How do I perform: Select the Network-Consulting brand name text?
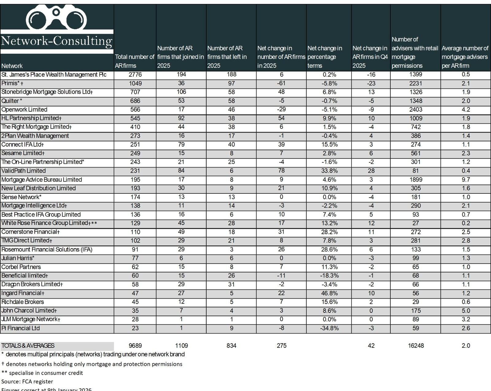pyautogui.click(x=56, y=41)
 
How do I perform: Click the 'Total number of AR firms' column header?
pyautogui.click(x=134, y=61)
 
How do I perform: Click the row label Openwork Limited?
pyautogui.click(x=24, y=109)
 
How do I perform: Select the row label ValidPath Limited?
pyautogui.click(x=23, y=171)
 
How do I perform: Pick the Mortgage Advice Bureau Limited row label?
pyautogui.click(x=41, y=180)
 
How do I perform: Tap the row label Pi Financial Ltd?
pyautogui.click(x=21, y=328)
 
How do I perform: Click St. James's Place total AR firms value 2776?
pyautogui.click(x=135, y=75)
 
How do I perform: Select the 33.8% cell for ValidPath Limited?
pyautogui.click(x=329, y=171)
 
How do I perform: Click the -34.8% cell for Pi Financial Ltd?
pyautogui.click(x=329, y=328)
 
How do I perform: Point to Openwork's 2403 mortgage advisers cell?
pyautogui.click(x=416, y=109)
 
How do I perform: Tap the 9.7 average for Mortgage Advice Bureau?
pyautogui.click(x=466, y=180)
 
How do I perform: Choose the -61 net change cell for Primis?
pyautogui.click(x=281, y=83)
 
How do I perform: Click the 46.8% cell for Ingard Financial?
pyautogui.click(x=329, y=293)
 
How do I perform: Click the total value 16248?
pyautogui.click(x=416, y=346)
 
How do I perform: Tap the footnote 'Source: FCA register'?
pyautogui.click(x=27, y=381)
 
